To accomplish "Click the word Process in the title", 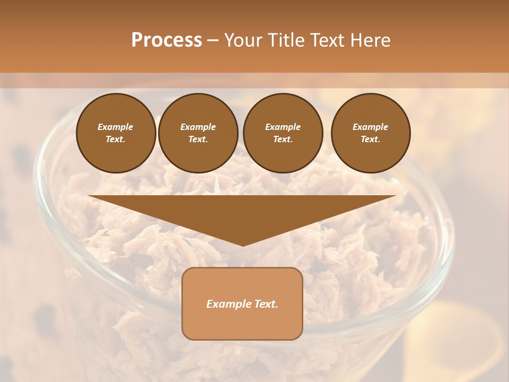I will [x=166, y=40].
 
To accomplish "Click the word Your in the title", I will [x=243, y=40].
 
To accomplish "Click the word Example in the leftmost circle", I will [x=116, y=127].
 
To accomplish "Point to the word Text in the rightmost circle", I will [x=370, y=139].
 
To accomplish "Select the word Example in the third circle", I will [x=283, y=127].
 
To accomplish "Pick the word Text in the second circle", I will [x=198, y=139].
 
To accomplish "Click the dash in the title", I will [x=213, y=40].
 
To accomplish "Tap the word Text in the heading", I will [x=328, y=40].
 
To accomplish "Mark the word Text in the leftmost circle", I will [x=116, y=139].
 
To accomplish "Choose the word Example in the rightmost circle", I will [x=370, y=127].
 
